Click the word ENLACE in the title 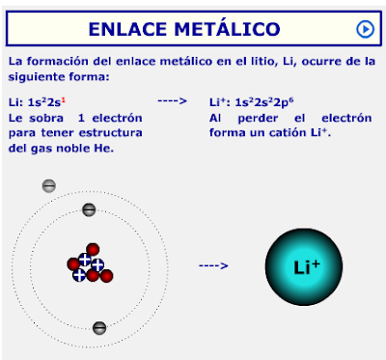[x=127, y=29]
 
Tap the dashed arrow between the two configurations [x=171, y=100]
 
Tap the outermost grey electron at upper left [x=49, y=185]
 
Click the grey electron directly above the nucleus [x=89, y=209]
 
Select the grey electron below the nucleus [x=98, y=327]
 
